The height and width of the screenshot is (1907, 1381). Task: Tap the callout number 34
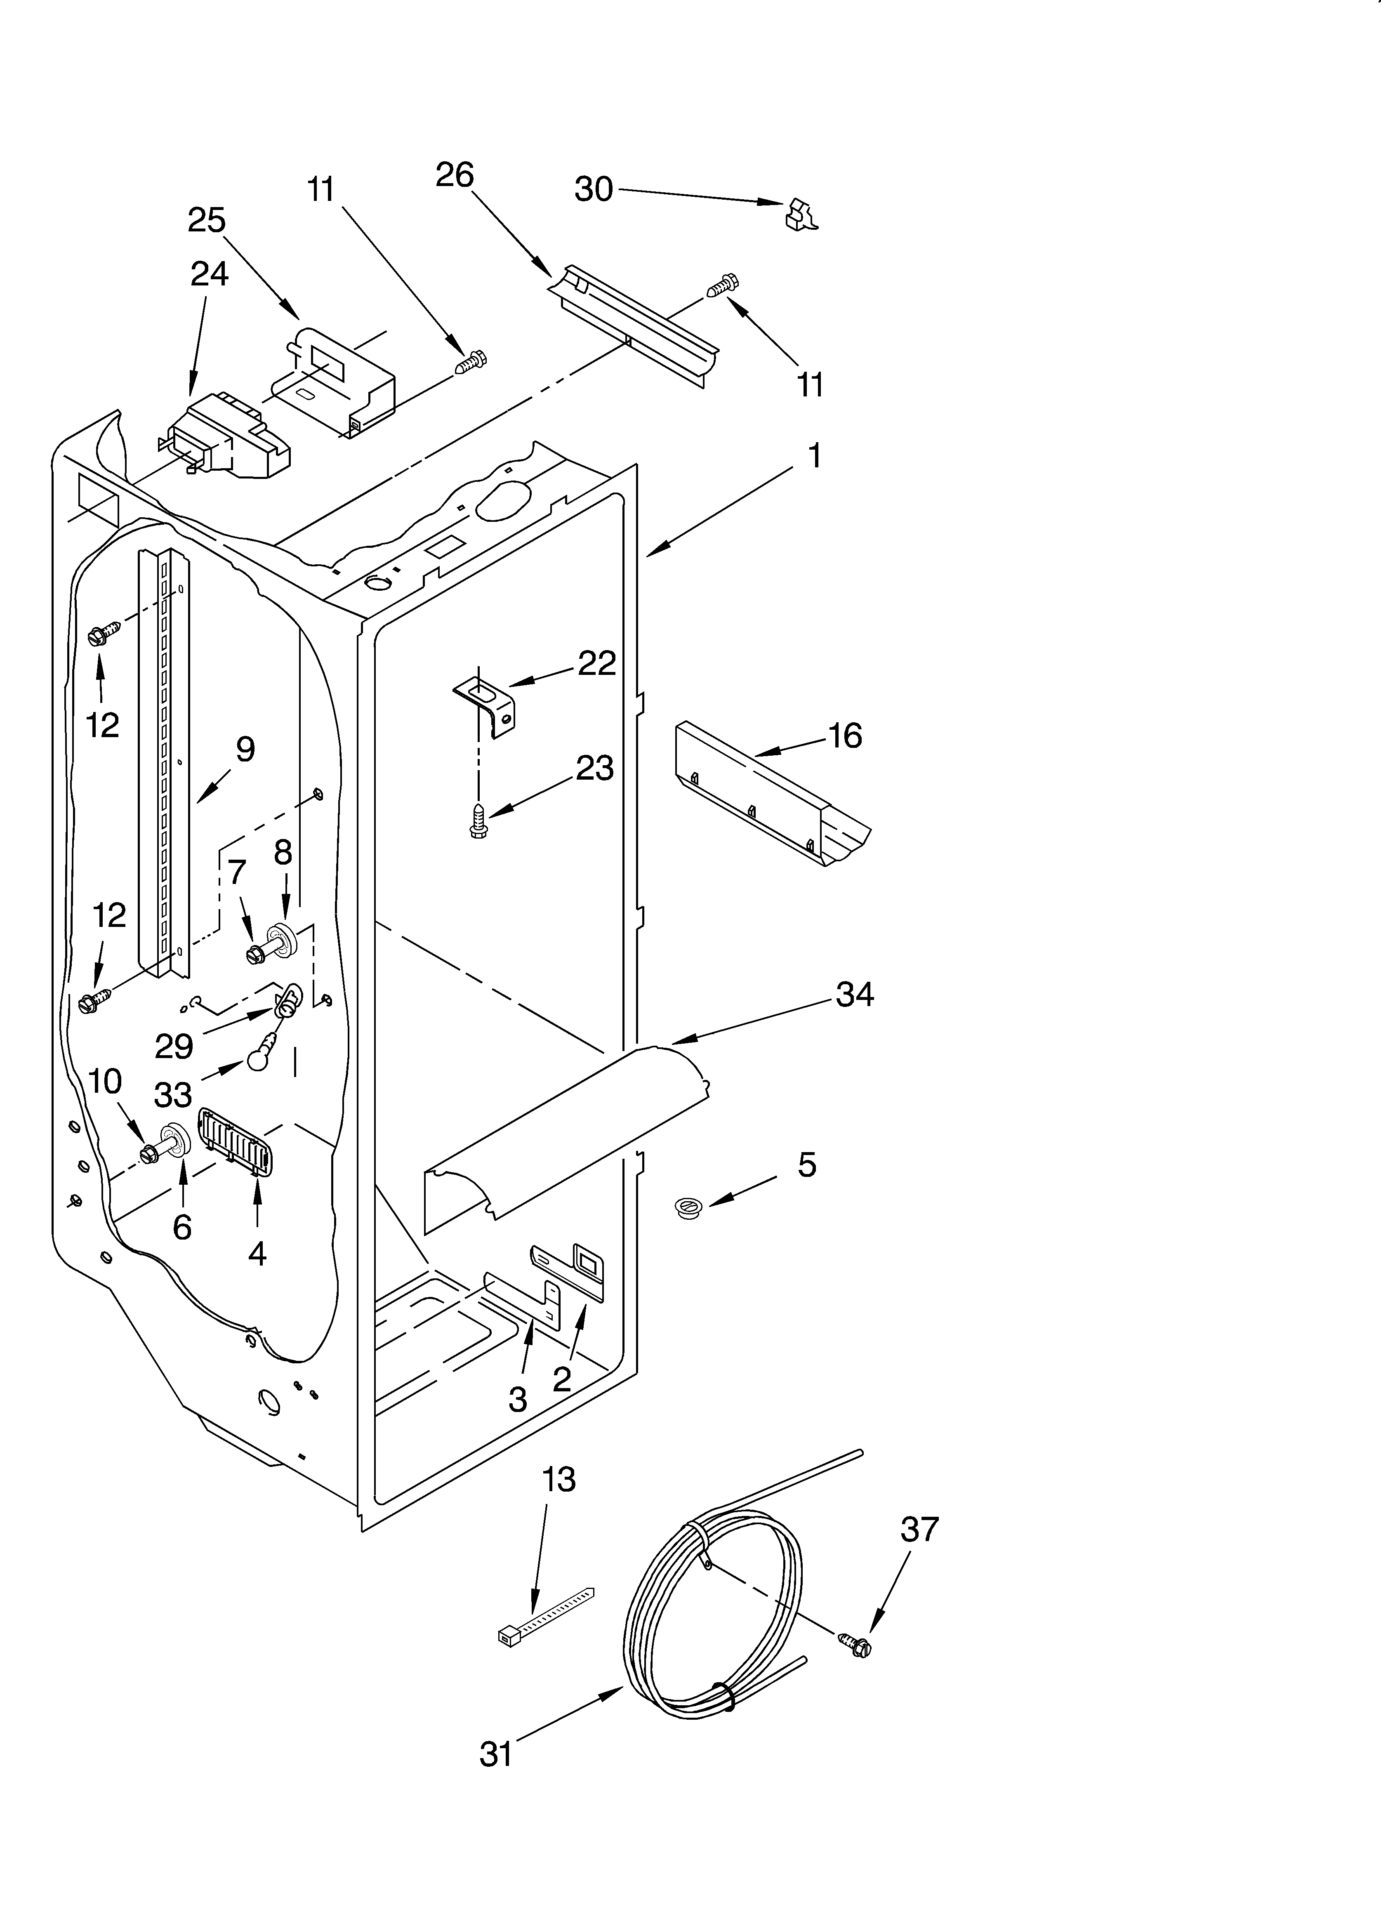tap(855, 995)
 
